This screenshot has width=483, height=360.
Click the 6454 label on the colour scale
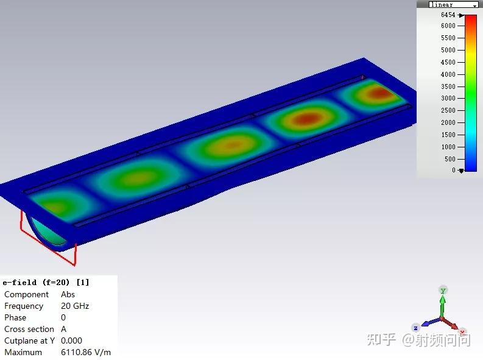point(448,15)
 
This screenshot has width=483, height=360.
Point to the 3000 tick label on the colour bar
point(448,98)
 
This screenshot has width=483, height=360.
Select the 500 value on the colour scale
point(450,159)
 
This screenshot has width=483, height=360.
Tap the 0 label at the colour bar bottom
point(453,170)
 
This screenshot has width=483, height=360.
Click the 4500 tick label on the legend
point(448,62)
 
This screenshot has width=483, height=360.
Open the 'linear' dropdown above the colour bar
point(453,4)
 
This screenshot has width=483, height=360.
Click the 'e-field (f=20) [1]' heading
point(46,283)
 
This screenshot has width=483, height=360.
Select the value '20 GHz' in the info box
point(75,306)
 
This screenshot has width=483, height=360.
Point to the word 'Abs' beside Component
point(68,294)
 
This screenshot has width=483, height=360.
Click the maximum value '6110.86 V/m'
point(86,352)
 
